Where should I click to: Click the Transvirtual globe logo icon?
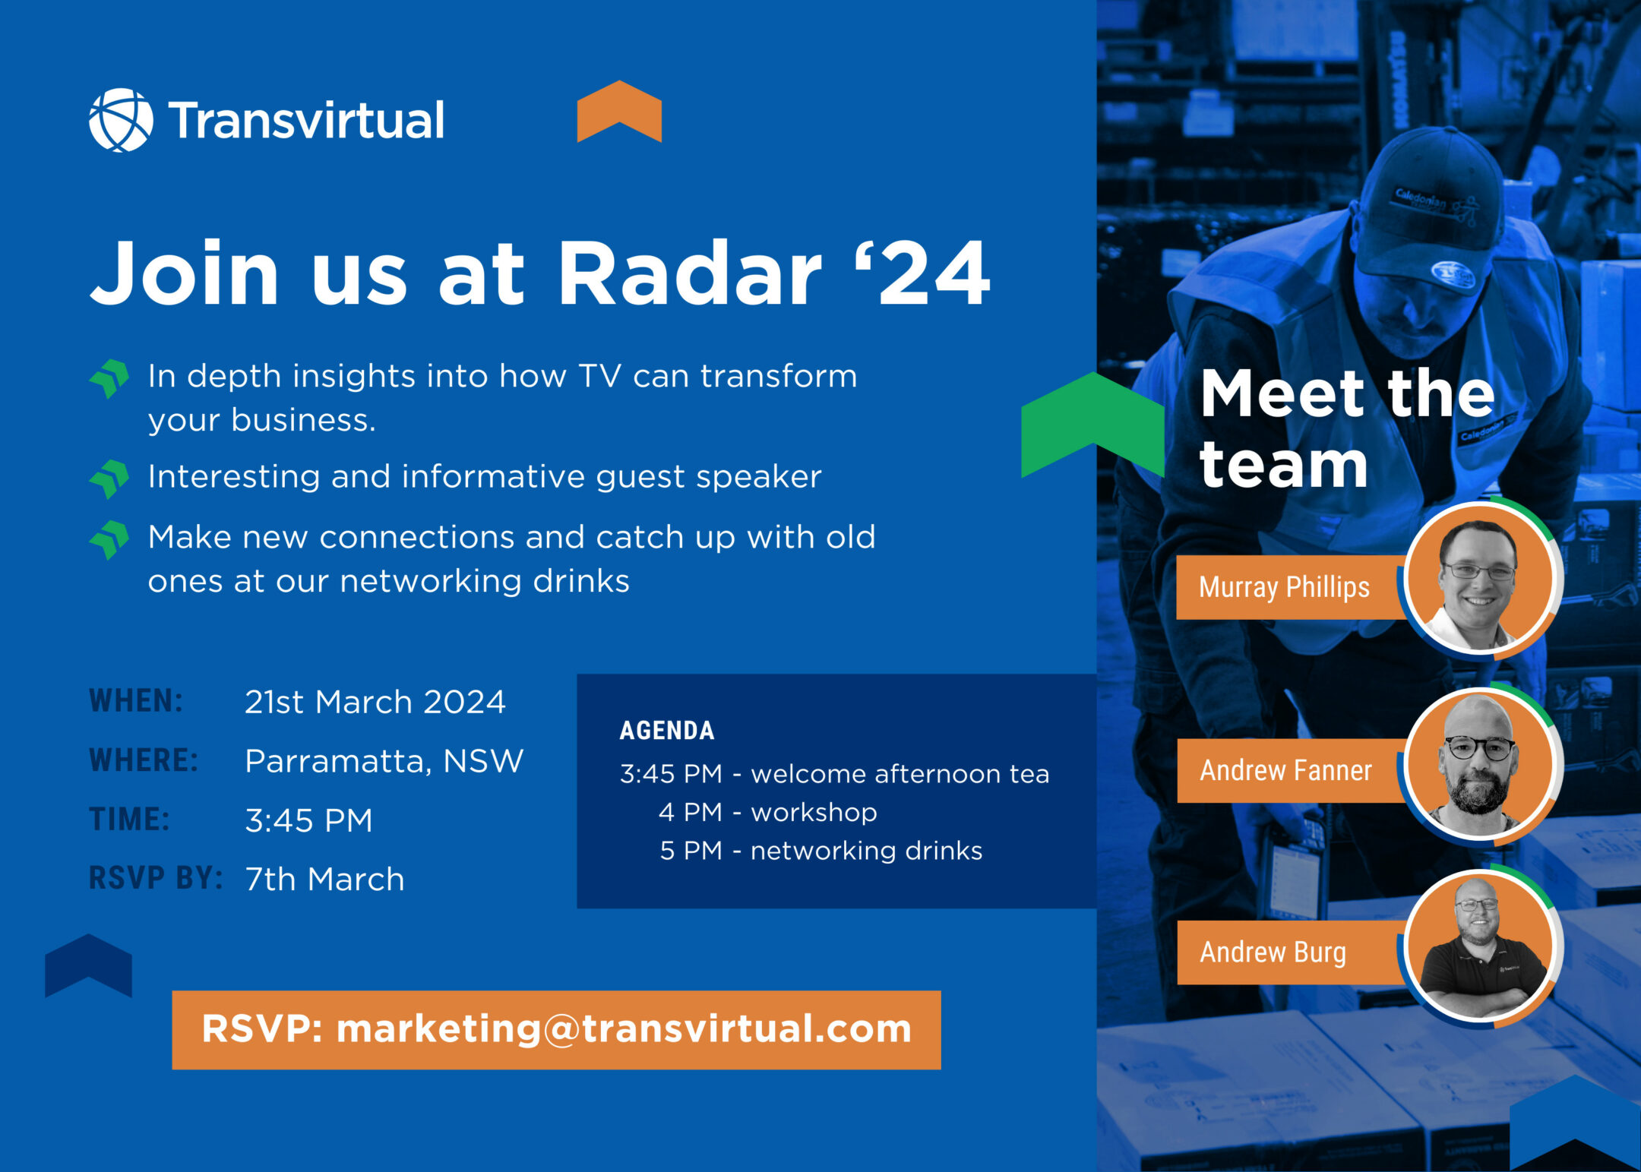121,120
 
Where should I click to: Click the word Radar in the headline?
690,273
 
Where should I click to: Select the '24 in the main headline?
923,273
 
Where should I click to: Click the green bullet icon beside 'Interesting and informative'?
110,479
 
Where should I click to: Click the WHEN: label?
136,701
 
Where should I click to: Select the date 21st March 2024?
375,702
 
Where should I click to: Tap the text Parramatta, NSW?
384,761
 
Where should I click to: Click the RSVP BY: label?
156,878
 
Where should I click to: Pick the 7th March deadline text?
324,880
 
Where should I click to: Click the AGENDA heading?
667,731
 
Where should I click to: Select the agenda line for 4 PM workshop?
768,813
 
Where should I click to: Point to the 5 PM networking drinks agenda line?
821,851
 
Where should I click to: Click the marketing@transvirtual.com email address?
624,1029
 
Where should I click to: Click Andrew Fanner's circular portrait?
1480,764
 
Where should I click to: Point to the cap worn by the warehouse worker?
1428,209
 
